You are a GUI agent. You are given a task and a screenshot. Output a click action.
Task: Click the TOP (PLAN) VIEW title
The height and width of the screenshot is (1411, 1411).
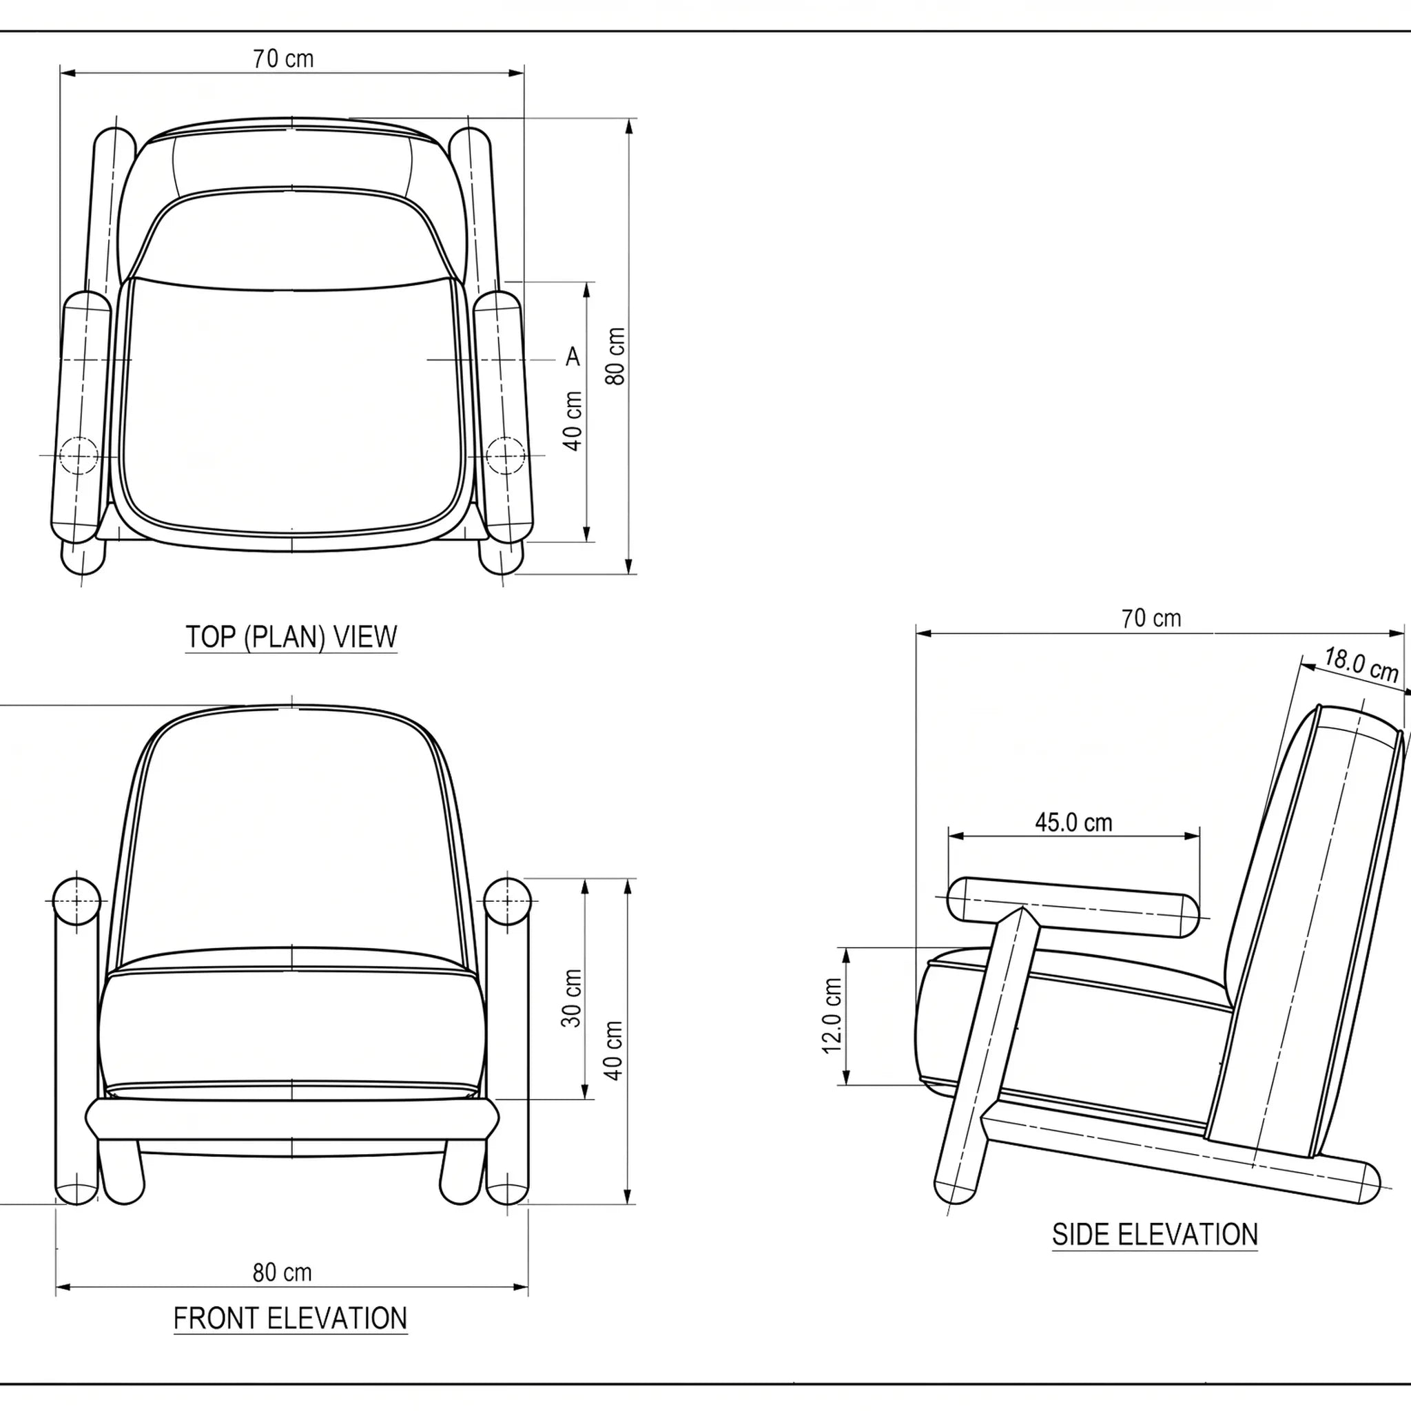291,637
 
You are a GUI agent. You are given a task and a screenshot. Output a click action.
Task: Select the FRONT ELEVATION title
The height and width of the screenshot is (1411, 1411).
291,1319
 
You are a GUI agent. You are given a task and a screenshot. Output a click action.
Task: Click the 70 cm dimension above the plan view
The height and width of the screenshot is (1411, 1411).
283,59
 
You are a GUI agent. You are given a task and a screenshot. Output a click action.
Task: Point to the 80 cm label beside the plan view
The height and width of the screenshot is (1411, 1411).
616,356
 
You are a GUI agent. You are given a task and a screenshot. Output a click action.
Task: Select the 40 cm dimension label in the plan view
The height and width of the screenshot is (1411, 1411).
573,422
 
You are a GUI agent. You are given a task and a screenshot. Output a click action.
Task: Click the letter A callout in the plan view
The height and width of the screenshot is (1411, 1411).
573,356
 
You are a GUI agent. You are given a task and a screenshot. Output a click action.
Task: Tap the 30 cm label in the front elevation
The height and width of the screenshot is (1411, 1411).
572,998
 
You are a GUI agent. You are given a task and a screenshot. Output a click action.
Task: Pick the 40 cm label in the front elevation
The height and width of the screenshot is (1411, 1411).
613,1050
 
